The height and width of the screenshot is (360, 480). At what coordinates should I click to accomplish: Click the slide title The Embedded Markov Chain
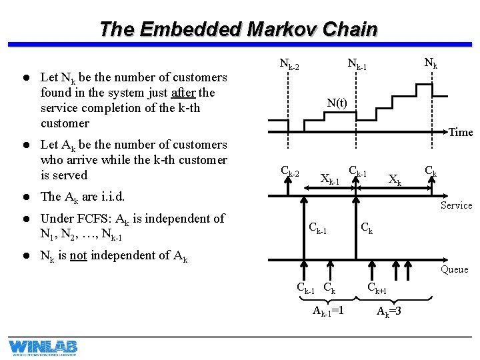(238, 29)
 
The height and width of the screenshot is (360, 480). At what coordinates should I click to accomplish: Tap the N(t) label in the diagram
(337, 103)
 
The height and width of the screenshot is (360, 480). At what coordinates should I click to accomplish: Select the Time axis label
(460, 132)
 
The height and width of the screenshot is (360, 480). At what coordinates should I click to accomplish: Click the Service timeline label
(457, 205)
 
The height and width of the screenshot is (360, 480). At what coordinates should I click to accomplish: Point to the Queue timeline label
(454, 269)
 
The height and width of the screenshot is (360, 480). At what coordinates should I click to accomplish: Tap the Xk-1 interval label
(330, 179)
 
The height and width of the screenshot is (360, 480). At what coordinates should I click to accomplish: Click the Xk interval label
(395, 179)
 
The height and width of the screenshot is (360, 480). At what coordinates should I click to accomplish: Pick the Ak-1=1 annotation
(328, 311)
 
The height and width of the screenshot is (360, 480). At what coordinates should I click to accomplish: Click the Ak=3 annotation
(390, 311)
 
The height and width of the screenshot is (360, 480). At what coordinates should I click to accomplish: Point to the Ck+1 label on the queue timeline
(377, 289)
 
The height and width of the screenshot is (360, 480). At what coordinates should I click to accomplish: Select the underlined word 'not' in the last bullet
(78, 255)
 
